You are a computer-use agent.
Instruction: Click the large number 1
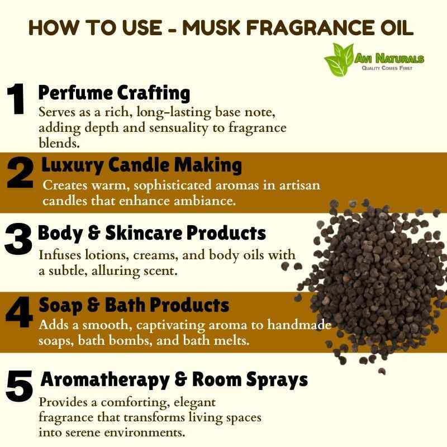pos(16,99)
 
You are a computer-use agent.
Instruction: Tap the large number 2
pos(20,173)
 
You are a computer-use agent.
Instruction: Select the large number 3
pos(18,239)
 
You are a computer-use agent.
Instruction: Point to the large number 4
pos(19,312)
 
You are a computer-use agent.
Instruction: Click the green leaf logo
pos(339,60)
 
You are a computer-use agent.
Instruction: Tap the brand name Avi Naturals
pos(389,59)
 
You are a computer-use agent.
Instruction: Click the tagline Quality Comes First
pos(387,68)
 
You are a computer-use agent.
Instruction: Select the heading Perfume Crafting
pos(114,93)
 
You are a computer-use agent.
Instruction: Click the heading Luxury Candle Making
pos(142,165)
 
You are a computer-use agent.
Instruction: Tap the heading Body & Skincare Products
pos(152,233)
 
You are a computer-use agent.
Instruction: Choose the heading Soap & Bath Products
pos(134,305)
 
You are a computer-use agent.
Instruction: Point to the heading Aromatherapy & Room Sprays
pos(174,380)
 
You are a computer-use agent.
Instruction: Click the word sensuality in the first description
pos(179,129)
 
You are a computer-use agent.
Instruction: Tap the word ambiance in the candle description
pos(205,201)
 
